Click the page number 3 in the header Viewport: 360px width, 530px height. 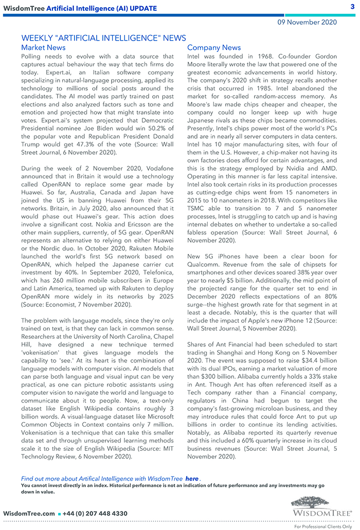[353, 6]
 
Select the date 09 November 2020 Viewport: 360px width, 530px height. [307, 22]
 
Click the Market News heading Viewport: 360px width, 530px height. [43, 48]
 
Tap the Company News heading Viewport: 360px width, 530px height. [214, 48]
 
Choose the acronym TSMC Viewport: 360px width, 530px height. [197, 209]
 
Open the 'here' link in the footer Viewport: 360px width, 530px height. [192, 479]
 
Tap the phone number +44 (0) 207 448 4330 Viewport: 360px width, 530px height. [95, 514]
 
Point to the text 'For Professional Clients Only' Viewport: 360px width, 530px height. [323, 526]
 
